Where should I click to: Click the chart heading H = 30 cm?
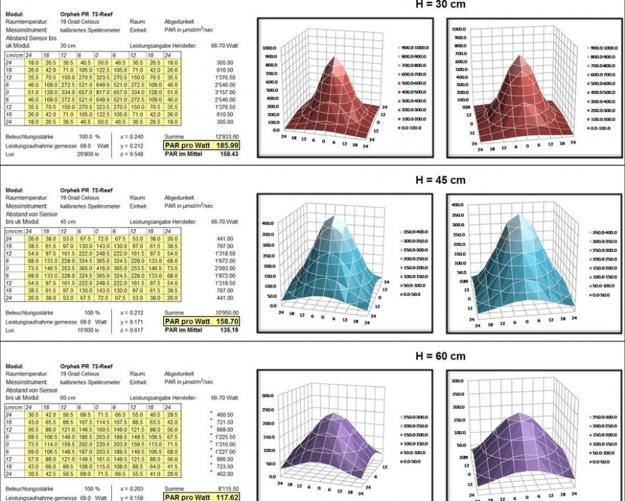pyautogui.click(x=440, y=5)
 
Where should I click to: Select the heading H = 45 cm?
pyautogui.click(x=440, y=180)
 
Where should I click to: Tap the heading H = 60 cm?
pyautogui.click(x=440, y=356)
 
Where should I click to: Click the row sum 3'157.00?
pyautogui.click(x=224, y=93)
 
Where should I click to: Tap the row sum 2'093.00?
pyautogui.click(x=224, y=269)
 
